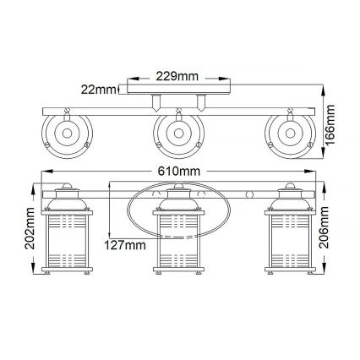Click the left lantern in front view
coord(66,237)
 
